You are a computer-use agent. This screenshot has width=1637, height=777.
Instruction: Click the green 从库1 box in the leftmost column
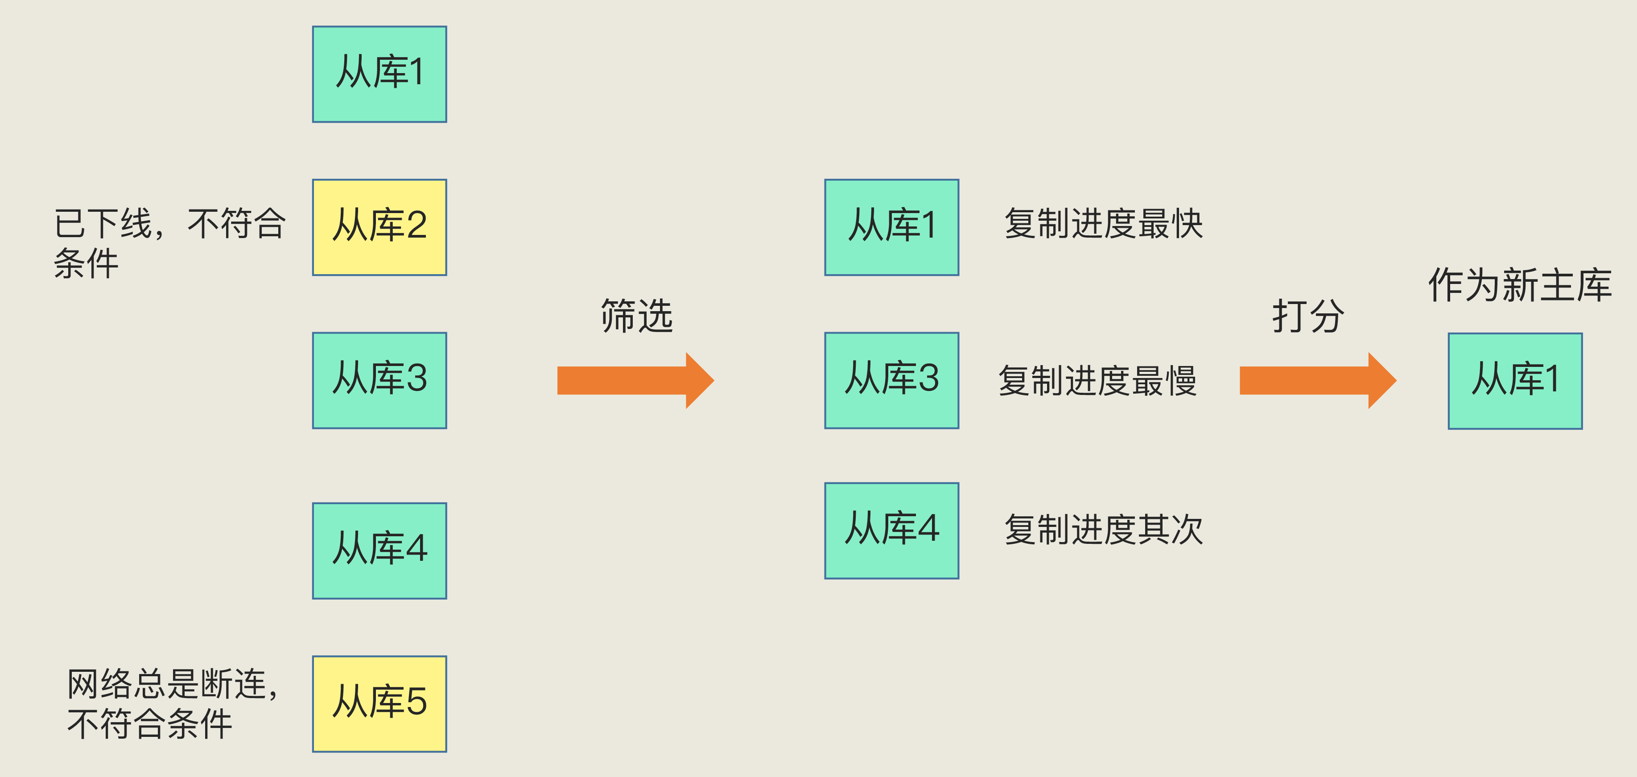click(379, 74)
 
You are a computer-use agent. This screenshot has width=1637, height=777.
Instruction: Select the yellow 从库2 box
click(379, 227)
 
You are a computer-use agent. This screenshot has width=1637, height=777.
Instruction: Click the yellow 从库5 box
click(379, 704)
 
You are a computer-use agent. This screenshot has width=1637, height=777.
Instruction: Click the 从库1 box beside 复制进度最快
click(891, 227)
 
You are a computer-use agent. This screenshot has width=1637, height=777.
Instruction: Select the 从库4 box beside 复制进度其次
click(891, 530)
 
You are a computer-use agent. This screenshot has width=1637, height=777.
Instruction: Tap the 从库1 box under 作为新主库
click(1515, 381)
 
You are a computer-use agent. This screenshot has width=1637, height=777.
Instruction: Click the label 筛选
click(637, 316)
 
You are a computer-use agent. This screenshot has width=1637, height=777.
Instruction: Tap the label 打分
click(1308, 316)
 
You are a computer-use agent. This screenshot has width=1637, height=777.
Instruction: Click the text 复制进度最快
click(1103, 224)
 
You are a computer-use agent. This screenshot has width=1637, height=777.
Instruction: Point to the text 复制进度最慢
click(1097, 381)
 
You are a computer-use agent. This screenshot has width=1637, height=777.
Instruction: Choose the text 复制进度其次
click(1103, 530)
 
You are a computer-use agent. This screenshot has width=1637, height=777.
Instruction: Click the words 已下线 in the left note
click(103, 224)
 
